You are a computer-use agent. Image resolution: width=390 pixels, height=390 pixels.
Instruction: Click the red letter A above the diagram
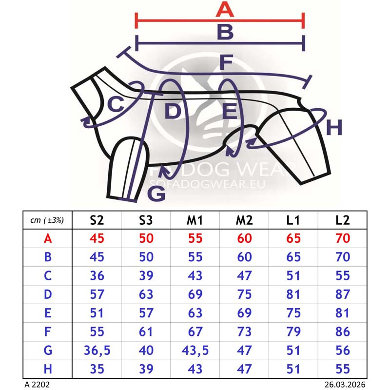point(225,9)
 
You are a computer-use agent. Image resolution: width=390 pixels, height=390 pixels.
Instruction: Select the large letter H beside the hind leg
point(334,127)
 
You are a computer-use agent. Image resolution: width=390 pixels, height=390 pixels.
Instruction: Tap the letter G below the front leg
point(156,193)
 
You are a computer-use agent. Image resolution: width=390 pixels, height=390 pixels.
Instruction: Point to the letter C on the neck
point(116,104)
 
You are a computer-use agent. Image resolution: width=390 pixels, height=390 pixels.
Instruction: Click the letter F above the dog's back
point(226,62)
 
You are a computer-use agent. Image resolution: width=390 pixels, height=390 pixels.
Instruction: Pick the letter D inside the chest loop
point(173,111)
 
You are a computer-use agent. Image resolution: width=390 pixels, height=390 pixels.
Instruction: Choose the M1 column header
point(195,220)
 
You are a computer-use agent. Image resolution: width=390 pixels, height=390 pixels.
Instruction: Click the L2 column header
point(343,220)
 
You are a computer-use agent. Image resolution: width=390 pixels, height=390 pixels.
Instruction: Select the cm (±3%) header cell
point(47,220)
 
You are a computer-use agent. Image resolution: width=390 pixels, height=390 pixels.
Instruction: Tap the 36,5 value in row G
point(97,351)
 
